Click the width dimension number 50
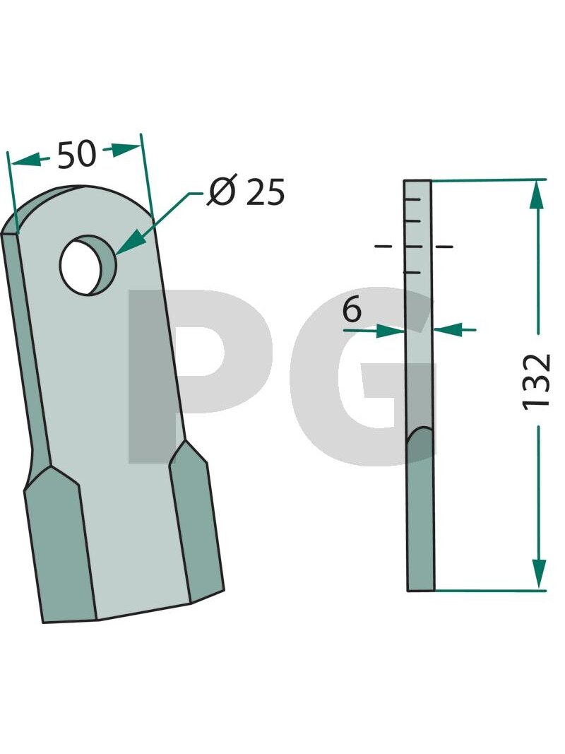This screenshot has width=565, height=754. tap(77, 155)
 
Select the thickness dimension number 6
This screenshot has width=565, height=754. tap(352, 310)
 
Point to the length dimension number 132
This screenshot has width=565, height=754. tap(536, 381)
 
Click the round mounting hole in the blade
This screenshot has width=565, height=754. tap(88, 265)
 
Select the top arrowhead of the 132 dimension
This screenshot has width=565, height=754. tap(538, 196)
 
